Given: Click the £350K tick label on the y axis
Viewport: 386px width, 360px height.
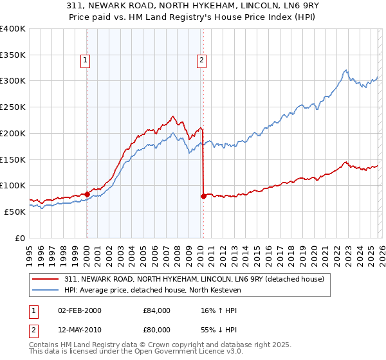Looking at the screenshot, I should (13, 55).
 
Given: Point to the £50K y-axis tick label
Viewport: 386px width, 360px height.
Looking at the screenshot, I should (15, 212).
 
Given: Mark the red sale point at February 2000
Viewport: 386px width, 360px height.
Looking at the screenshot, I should (87, 194).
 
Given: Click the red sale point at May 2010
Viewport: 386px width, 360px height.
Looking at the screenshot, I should (203, 196).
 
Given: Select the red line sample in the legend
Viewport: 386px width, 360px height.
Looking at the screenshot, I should (46, 279).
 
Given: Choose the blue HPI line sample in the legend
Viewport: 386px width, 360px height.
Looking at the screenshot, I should (46, 289).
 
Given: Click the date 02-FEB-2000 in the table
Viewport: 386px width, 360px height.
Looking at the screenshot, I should (79, 310).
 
